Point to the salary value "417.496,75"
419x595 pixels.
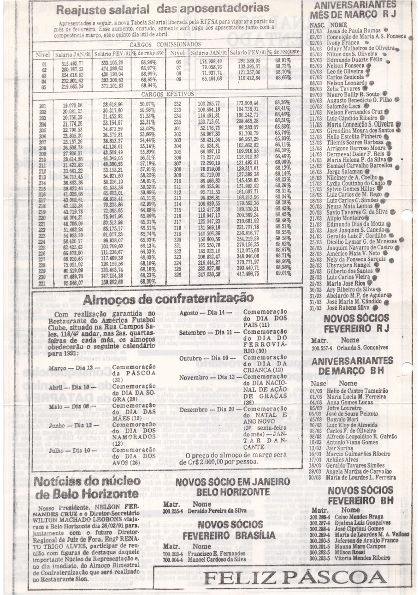(248, 273)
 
